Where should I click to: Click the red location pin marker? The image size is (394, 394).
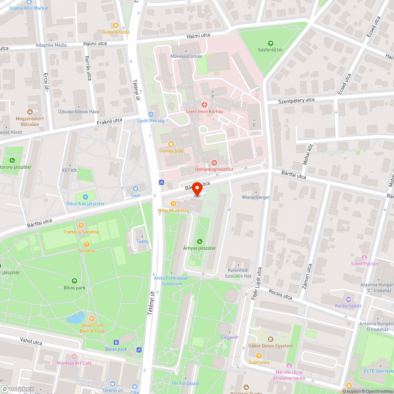point(197,189)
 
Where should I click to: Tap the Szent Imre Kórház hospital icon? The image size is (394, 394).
point(204,104)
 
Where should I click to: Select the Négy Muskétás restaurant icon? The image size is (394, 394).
point(173,203)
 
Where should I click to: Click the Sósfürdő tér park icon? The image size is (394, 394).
point(270,43)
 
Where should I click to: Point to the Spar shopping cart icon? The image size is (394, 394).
point(136,189)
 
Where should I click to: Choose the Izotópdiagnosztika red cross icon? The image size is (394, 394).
point(214,162)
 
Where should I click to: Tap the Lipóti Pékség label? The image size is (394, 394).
point(151,121)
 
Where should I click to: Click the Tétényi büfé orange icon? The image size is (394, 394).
point(171,144)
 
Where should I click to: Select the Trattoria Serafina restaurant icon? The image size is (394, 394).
point(81,225)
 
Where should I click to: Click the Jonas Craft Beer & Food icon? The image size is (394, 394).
point(92,318)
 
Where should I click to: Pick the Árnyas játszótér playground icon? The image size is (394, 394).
point(199,242)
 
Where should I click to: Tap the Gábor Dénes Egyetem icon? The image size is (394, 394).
point(271,339)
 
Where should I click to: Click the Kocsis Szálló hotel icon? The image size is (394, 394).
point(348,299)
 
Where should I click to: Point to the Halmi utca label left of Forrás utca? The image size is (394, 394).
point(95,44)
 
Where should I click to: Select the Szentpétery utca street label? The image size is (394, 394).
point(296,100)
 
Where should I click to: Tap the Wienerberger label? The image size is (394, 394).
point(256,197)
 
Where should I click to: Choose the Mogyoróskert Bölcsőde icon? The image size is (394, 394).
point(30,112)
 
